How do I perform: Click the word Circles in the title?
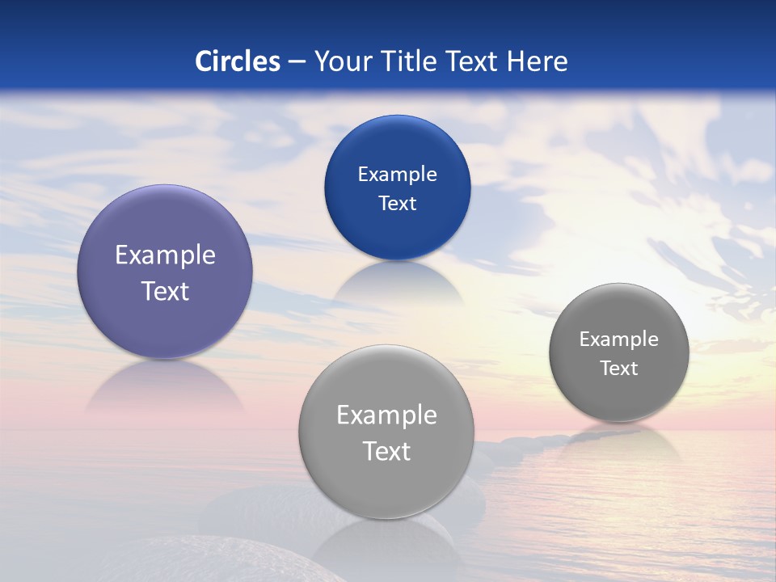click(x=238, y=61)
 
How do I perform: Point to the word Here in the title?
click(x=537, y=61)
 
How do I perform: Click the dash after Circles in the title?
click(x=297, y=61)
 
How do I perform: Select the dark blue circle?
click(x=397, y=145)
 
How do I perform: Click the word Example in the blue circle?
click(x=397, y=174)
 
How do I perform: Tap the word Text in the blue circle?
click(x=397, y=203)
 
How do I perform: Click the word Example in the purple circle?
click(x=165, y=255)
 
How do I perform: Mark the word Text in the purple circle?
click(x=165, y=291)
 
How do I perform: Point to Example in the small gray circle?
click(x=618, y=339)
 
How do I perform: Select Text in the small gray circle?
click(x=619, y=368)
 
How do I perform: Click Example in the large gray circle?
click(x=386, y=415)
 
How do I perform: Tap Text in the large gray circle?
click(x=386, y=451)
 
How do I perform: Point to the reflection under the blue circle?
click(x=397, y=283)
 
